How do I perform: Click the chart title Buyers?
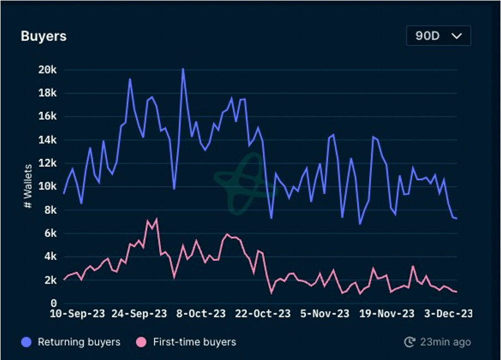pyautogui.click(x=43, y=36)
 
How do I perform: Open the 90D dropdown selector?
pyautogui.click(x=438, y=36)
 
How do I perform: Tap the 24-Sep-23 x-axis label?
pyautogui.click(x=139, y=314)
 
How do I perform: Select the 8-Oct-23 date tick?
pyautogui.click(x=201, y=314)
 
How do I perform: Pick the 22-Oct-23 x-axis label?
pyautogui.click(x=263, y=314)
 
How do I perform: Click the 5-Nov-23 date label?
pyautogui.click(x=324, y=314)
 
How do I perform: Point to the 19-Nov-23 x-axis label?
pyautogui.click(x=387, y=314)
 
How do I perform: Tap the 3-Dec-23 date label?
pyautogui.click(x=447, y=314)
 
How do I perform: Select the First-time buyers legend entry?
pyautogui.click(x=186, y=342)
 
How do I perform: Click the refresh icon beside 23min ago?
pyautogui.click(x=410, y=342)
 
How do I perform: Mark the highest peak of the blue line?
pyautogui.click(x=183, y=69)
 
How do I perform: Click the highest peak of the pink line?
pyautogui.click(x=156, y=219)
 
